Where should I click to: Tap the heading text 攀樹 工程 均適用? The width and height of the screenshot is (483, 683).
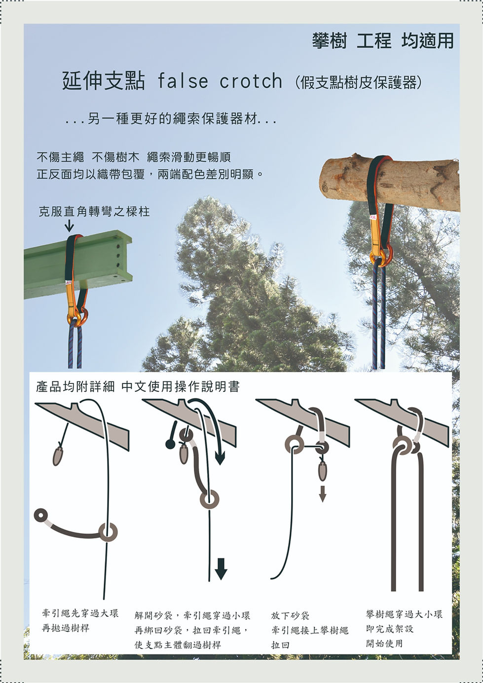click(x=382, y=41)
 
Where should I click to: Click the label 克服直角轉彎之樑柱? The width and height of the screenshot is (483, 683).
click(x=94, y=212)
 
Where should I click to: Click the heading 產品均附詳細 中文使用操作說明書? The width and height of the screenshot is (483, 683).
click(x=138, y=386)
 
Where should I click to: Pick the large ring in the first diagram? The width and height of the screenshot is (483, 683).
click(x=108, y=532)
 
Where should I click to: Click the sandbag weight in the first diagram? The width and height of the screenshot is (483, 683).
click(x=58, y=455)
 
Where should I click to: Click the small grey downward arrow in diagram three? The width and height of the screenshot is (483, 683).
click(x=322, y=493)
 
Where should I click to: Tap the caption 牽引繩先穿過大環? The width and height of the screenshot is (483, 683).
click(x=80, y=613)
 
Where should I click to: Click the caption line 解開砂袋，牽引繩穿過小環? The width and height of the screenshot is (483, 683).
click(x=192, y=615)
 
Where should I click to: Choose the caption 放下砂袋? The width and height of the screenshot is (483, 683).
click(x=290, y=615)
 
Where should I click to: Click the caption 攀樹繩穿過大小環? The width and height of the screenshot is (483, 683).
click(x=404, y=614)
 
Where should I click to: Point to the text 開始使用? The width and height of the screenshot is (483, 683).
click(x=384, y=644)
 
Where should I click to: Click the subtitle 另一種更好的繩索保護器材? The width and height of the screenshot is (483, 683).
click(x=170, y=119)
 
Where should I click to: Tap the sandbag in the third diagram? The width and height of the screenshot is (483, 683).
click(x=322, y=470)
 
